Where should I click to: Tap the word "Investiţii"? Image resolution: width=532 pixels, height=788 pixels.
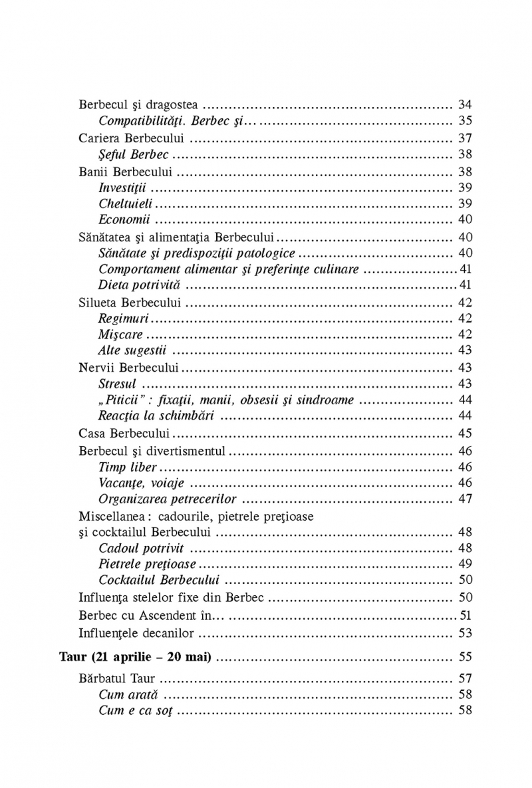pyautogui.click(x=122, y=188)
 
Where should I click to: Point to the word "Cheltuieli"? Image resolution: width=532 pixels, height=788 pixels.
pyautogui.click(x=125, y=203)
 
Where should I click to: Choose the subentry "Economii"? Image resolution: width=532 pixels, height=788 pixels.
pyautogui.click(x=124, y=219)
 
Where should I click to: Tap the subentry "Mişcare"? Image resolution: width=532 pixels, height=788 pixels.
pyautogui.click(x=120, y=334)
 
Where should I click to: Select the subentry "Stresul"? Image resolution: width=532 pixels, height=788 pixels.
pyautogui.click(x=117, y=384)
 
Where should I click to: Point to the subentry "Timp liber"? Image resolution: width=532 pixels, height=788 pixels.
pyautogui.click(x=127, y=467)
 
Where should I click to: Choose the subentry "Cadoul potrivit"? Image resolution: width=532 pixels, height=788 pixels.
pyautogui.click(x=141, y=548)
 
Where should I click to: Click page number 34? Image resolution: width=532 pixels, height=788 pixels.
pyautogui.click(x=465, y=104)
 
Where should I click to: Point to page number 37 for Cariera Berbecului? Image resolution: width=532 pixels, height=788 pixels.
pyautogui.click(x=465, y=138)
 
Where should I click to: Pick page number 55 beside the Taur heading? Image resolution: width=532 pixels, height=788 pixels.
pyautogui.click(x=465, y=657)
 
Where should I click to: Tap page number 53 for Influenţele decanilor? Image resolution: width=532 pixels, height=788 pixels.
pyautogui.click(x=465, y=632)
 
